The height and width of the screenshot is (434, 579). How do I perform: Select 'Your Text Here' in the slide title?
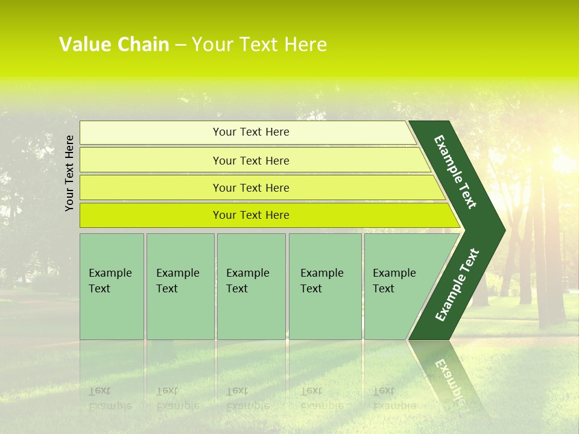coord(259,45)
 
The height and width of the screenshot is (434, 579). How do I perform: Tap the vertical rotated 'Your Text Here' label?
coord(69,173)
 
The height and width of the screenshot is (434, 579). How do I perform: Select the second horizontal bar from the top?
coord(250,160)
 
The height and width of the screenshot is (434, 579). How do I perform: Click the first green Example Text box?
coord(112,286)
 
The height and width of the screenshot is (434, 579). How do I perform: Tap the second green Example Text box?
coord(180,286)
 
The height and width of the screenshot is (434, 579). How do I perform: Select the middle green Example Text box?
coord(251,286)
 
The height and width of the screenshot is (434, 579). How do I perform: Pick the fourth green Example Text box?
coord(325,286)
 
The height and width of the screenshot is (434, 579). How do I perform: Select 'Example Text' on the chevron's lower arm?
coord(457,285)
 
